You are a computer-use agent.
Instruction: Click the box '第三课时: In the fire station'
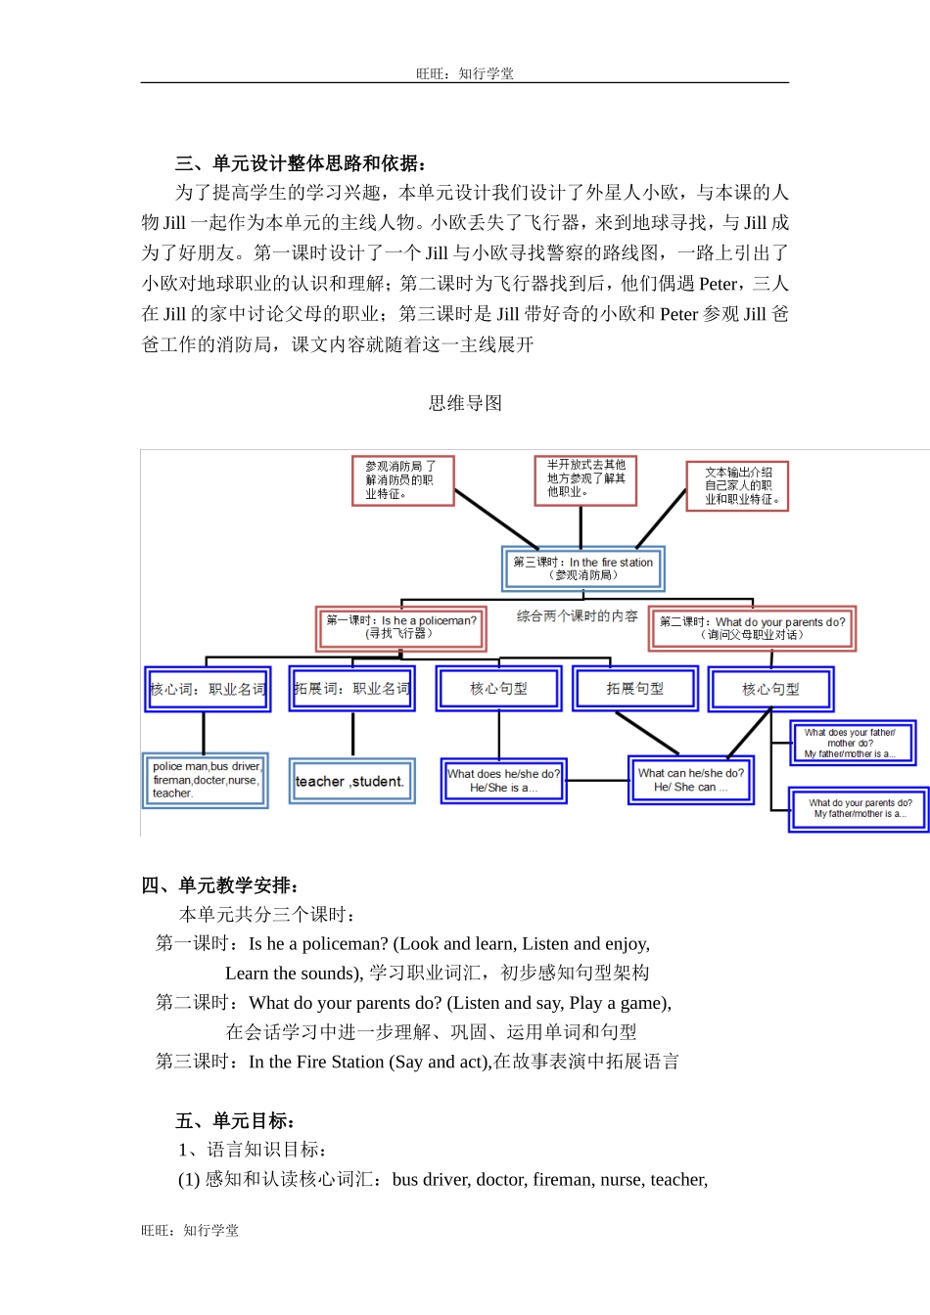(582, 568)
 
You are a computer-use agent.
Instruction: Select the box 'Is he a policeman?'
(400, 627)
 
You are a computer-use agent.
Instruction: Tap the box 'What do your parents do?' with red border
(752, 628)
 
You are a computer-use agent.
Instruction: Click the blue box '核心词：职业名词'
(208, 689)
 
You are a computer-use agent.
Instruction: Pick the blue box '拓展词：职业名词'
(352, 689)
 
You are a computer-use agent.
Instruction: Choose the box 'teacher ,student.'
(351, 781)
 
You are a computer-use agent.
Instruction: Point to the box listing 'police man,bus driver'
(206, 780)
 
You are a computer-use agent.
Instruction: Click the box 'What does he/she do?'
(503, 781)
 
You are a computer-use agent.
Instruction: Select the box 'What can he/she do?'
(690, 780)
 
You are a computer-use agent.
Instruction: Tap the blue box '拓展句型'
(634, 689)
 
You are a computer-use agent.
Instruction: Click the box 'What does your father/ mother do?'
(852, 743)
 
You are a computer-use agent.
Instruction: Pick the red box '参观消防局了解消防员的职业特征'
(402, 480)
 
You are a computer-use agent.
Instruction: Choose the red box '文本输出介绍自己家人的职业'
(737, 486)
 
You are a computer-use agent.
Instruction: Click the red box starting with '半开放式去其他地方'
(585, 479)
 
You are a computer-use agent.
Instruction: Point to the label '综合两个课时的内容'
(577, 616)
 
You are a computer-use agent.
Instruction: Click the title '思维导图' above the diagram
(465, 403)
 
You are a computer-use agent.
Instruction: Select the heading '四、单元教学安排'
(219, 885)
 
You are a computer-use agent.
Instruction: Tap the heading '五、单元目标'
(235, 1120)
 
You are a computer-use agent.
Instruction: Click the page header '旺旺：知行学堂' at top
(464, 73)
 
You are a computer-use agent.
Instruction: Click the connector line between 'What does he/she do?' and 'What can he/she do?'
(597, 781)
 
